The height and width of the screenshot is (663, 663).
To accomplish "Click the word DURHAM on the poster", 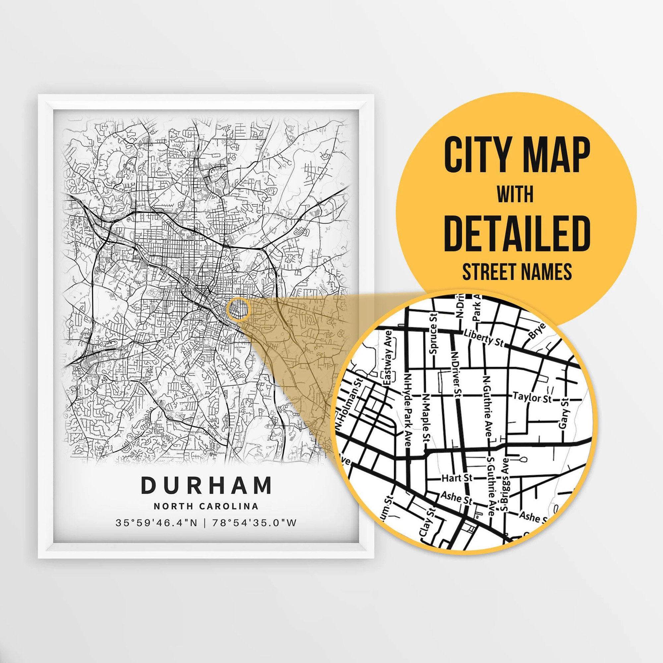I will tap(207, 485).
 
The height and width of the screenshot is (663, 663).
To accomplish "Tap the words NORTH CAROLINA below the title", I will tap(206, 506).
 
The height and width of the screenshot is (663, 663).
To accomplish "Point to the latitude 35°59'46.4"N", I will tap(156, 523).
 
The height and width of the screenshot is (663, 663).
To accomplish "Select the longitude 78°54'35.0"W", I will tap(254, 523).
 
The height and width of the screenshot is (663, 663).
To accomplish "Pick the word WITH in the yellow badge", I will tap(515, 195).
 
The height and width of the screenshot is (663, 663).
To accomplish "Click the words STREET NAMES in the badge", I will tap(517, 272).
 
